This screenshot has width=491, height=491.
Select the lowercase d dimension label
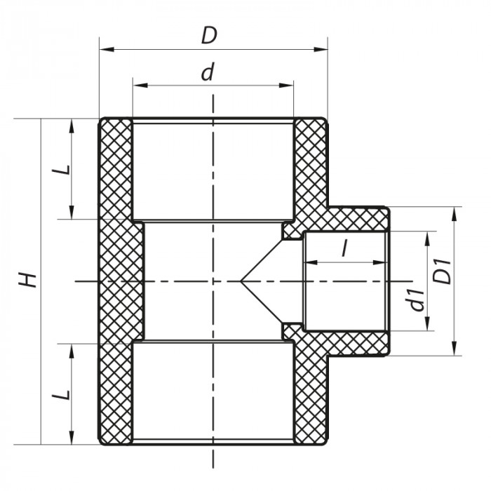(207, 72)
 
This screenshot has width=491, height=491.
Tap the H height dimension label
(27, 281)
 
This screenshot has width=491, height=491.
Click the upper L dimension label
(62, 169)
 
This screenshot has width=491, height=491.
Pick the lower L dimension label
(62, 394)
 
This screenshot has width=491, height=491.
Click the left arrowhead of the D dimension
(104, 49)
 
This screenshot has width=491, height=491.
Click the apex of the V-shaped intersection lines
(242, 281)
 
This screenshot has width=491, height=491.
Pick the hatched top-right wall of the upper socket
(309, 168)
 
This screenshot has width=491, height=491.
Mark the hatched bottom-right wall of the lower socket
(309, 396)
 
